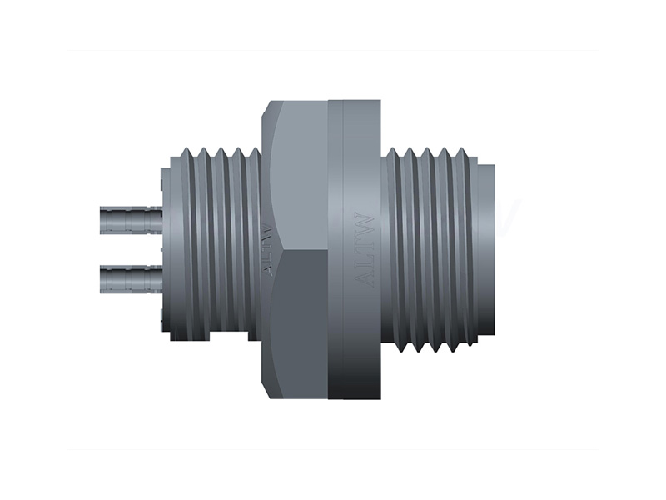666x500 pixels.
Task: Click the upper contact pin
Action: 129,220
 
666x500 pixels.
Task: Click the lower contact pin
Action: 129,278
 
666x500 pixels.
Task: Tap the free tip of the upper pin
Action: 102,220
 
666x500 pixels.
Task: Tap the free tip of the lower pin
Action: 102,278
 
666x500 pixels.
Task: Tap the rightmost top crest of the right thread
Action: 462,152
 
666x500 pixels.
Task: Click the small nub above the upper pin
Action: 157,178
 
